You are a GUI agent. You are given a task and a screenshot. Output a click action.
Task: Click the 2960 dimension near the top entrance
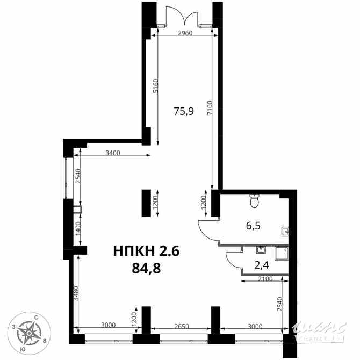point(184,33)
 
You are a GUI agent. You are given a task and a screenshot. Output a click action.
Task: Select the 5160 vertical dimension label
point(156,87)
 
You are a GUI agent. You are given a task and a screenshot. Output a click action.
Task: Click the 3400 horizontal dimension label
point(113,154)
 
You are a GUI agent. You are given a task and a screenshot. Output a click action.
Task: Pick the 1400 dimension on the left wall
point(77,229)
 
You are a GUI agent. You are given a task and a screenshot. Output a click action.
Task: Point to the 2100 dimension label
point(265,279)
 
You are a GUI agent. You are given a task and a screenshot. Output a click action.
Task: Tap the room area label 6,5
point(253,226)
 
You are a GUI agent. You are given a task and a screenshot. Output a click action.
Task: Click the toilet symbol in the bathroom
point(255,201)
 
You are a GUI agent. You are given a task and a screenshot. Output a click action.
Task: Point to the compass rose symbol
point(27,332)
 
